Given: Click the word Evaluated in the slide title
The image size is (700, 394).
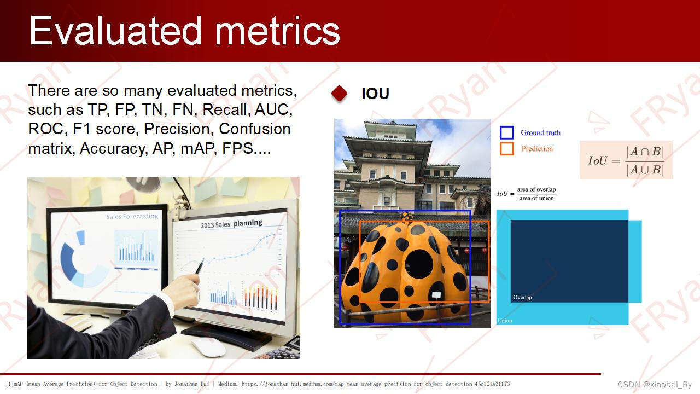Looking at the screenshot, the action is (x=115, y=30).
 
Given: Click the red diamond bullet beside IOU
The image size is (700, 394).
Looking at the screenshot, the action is (x=340, y=93).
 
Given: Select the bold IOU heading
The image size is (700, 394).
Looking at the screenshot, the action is (x=375, y=93).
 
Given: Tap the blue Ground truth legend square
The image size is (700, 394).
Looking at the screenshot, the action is (x=506, y=132).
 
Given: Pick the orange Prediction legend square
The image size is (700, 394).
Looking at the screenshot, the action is (x=506, y=149).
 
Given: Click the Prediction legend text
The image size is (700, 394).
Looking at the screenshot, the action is (x=537, y=149).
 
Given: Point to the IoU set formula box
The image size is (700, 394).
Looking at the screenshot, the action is (x=626, y=160).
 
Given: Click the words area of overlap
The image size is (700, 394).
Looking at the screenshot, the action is (x=536, y=189).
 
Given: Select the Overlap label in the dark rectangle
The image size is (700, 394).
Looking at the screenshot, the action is (x=522, y=297).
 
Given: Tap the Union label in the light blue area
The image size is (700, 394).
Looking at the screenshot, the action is (x=505, y=321).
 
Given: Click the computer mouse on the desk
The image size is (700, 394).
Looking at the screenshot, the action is (x=208, y=347).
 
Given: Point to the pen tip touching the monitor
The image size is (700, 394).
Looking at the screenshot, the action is (x=204, y=259).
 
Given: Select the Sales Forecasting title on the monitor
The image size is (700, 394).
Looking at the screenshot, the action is (x=132, y=216).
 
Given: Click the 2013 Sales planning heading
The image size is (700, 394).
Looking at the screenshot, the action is (x=231, y=224).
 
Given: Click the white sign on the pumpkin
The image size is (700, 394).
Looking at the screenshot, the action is (x=436, y=294).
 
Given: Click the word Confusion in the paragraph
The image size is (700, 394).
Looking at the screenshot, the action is (x=255, y=129).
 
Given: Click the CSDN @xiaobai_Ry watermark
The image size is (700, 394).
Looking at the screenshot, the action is (x=655, y=384).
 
